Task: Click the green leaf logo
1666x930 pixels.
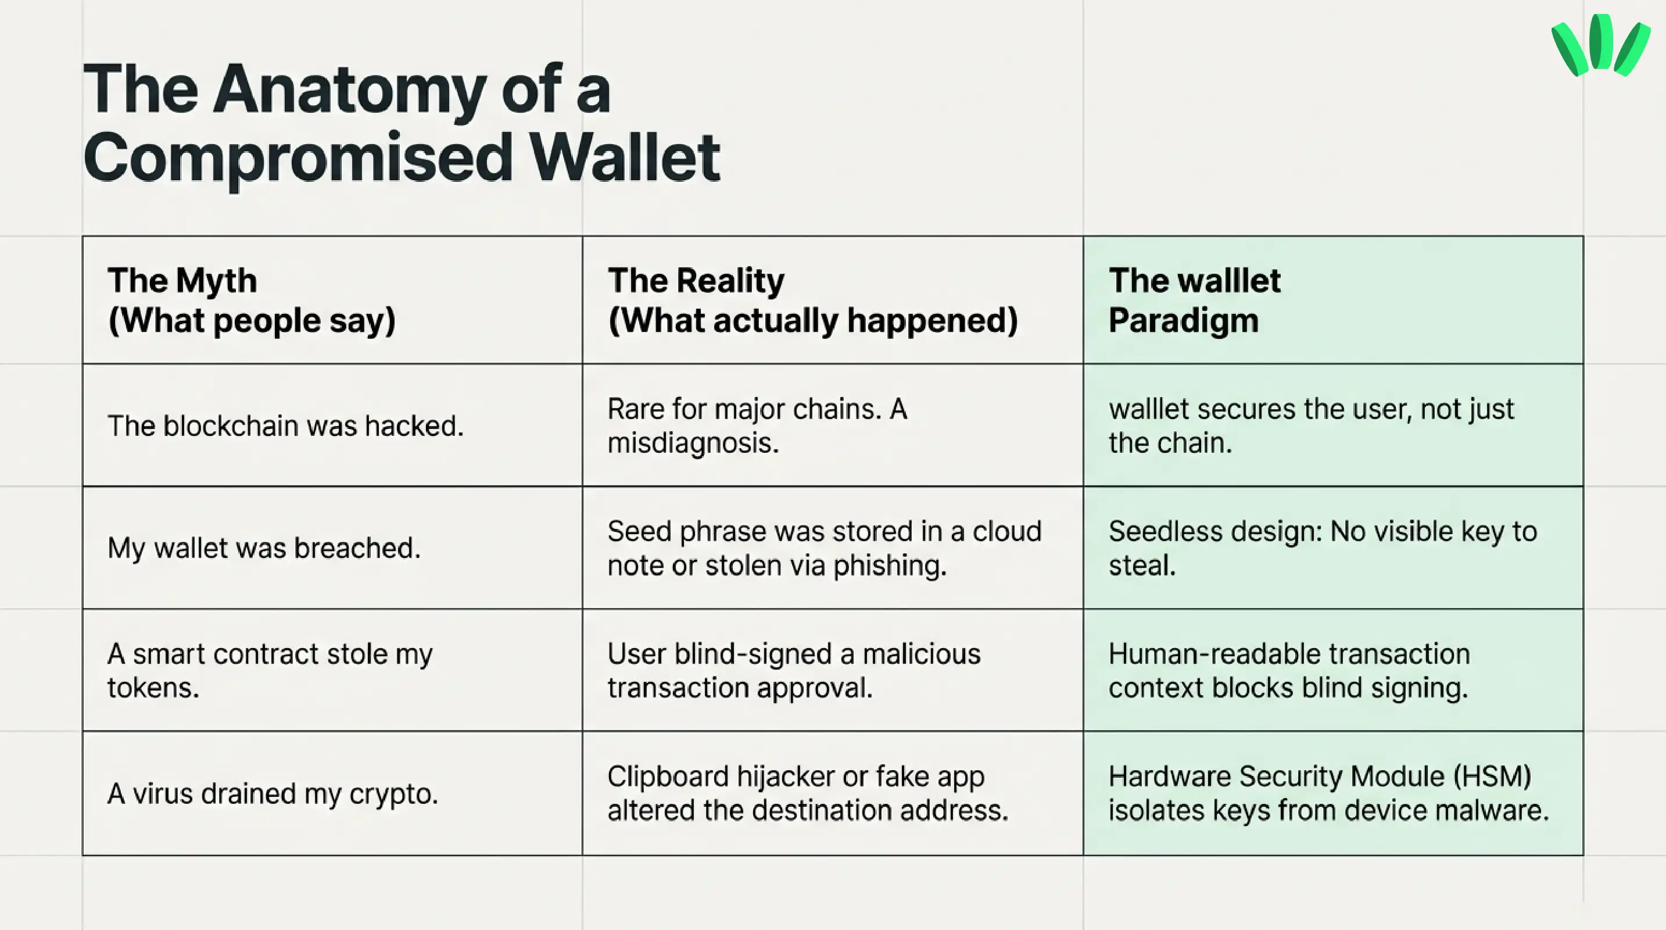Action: point(1599,45)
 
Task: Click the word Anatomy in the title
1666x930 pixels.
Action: point(349,91)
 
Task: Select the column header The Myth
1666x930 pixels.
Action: point(182,281)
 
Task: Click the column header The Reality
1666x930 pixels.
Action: point(696,281)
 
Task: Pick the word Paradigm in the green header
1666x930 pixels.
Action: point(1184,321)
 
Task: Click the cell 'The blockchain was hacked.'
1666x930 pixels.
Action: point(285,426)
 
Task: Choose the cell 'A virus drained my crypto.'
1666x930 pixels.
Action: point(273,793)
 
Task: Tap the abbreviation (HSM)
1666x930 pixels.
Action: point(1492,777)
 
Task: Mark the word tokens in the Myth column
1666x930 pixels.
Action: point(153,688)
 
